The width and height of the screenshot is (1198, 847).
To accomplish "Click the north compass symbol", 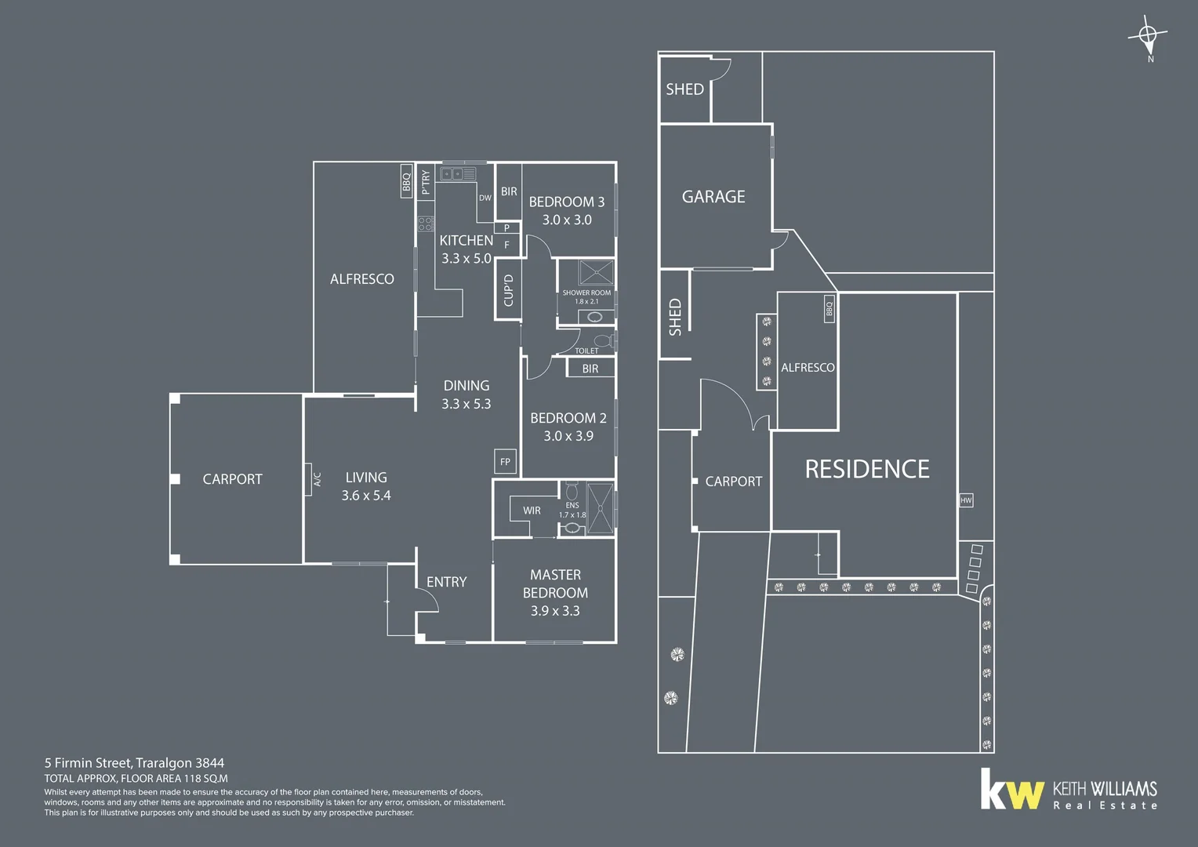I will point(1149,36).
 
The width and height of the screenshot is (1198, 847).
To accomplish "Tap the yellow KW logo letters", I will point(1012,791).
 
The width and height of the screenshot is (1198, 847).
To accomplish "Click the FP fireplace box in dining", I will point(505,462).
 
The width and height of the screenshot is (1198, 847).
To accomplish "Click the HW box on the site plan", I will point(966,500).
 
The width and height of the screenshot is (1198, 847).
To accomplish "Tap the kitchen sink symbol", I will point(457,174).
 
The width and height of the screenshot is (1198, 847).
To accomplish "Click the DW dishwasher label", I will point(485,198).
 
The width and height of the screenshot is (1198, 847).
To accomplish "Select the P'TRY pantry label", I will point(426,182).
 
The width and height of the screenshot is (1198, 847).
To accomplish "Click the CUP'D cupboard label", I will point(508,290).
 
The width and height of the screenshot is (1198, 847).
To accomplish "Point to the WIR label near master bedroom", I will point(532,511).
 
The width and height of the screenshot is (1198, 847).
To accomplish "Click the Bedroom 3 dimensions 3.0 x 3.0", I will point(567,220).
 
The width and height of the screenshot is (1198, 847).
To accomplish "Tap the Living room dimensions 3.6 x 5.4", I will point(366,496).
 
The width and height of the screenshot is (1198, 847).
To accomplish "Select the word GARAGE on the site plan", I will point(713,197).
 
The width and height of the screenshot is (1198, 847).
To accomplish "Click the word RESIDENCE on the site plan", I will point(867,469).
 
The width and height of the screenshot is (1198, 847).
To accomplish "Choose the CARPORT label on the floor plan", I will point(232,479).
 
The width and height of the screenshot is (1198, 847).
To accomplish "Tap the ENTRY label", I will point(446,582).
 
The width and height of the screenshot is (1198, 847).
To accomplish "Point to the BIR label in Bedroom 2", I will point(590,369).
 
